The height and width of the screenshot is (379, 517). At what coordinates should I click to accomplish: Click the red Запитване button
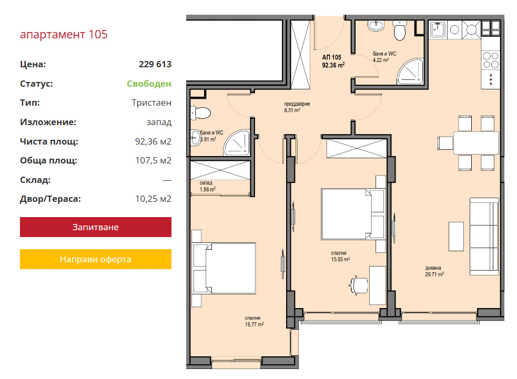point(96,227)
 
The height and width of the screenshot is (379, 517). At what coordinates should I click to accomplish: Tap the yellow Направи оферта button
point(96,259)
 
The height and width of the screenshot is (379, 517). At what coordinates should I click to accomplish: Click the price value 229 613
point(155,64)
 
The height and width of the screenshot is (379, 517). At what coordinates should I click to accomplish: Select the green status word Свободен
point(149,84)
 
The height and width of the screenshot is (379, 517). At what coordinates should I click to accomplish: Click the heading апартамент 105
point(64,34)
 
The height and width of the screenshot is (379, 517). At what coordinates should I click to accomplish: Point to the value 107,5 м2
point(154,160)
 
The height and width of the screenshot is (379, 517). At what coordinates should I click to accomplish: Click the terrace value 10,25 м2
point(154,199)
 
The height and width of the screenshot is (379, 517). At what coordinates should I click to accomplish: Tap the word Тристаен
point(151,103)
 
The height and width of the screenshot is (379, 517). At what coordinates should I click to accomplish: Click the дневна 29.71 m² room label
point(434,271)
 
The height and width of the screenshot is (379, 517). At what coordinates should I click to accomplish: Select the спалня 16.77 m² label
point(254,321)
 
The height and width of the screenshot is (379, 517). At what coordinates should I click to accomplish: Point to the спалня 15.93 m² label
point(340,256)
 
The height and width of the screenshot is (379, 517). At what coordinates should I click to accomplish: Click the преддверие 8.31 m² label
point(297,107)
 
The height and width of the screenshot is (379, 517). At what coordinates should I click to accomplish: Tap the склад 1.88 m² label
point(207,186)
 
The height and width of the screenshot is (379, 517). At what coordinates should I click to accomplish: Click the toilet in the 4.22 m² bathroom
point(400,30)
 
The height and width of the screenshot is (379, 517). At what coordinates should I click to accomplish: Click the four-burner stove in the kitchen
point(491,60)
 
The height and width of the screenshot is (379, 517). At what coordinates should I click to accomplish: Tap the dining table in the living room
point(476,142)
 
